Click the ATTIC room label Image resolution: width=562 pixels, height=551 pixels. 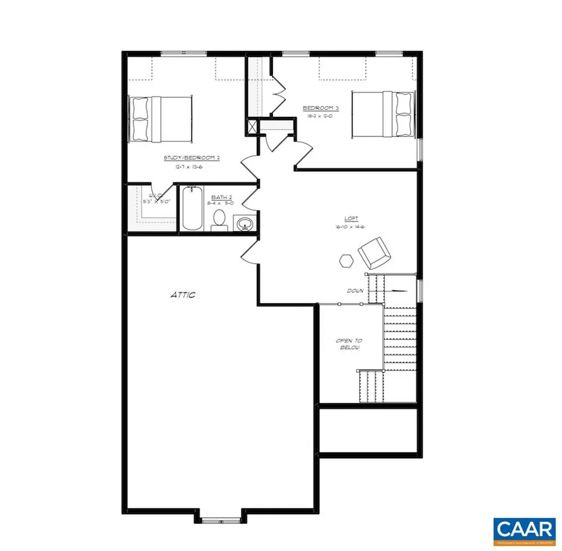(182, 295)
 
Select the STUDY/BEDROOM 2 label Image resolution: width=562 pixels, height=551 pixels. (192, 158)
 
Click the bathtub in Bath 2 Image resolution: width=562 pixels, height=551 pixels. (192, 210)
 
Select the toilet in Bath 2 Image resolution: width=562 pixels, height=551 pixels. (219, 218)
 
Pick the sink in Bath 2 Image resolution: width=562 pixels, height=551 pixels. (245, 223)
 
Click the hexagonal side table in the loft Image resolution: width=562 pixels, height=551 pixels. (346, 260)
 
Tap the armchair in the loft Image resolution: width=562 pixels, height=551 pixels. (374, 251)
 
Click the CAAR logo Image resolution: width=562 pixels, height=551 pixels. (524, 530)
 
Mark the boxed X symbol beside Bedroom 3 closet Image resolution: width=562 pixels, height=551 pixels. (252, 127)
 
